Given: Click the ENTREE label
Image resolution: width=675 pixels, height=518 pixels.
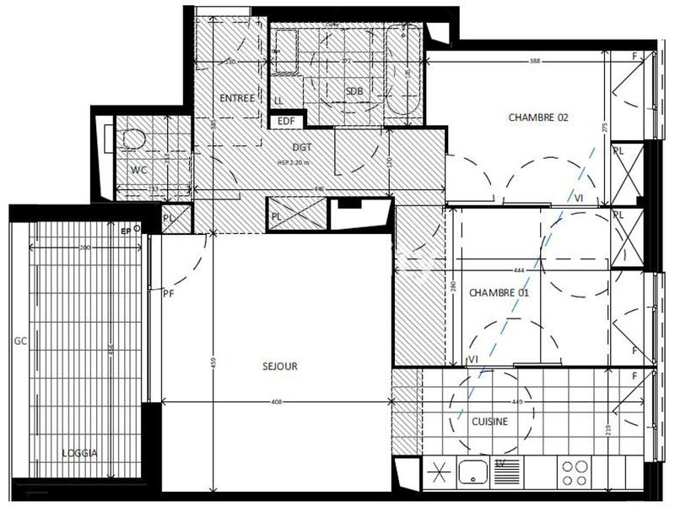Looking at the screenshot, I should coord(237,98).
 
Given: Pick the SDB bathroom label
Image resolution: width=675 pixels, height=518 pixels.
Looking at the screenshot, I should coord(354,91).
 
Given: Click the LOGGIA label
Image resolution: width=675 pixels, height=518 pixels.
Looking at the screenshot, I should coord(80,453).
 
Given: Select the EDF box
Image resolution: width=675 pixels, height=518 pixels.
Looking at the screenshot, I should coord(287,121).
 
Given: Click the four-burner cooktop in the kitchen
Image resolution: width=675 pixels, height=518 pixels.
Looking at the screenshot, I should coord(575,471).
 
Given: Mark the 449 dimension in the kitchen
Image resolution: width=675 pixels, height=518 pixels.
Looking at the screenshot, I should coord(516,402).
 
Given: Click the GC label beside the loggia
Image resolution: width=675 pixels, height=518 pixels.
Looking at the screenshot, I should coord(17,342).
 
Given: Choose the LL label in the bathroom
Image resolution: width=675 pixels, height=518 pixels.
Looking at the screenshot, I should coord(278,101).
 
